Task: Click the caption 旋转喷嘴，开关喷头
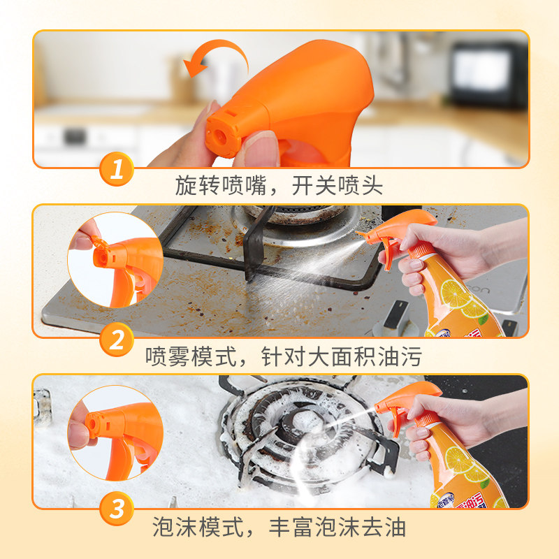279,186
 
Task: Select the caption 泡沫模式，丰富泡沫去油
279,527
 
